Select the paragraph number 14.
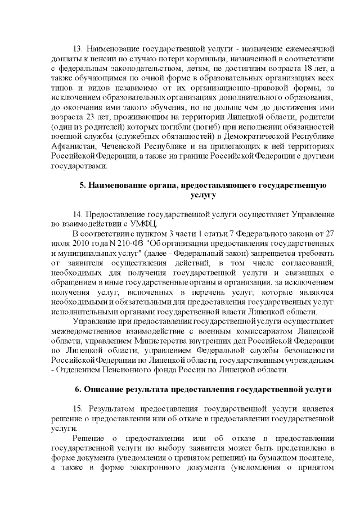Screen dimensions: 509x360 79,214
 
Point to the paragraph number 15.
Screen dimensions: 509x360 79,409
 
